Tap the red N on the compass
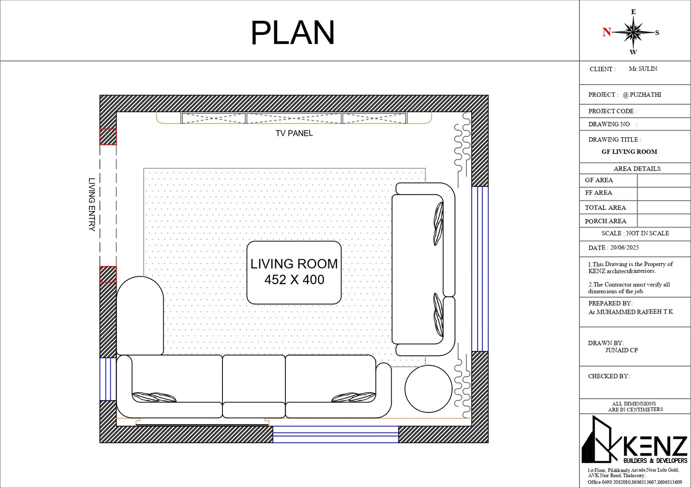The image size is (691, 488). (x=607, y=32)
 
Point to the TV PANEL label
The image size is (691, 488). (x=294, y=133)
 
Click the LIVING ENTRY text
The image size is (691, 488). (x=92, y=204)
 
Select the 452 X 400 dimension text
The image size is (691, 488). (x=294, y=279)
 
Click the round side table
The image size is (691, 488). (x=428, y=389)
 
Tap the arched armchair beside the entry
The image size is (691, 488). (x=140, y=316)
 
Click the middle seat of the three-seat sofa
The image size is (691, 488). (x=254, y=386)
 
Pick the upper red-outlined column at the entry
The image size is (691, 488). (x=108, y=136)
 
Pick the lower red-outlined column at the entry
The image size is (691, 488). (x=108, y=274)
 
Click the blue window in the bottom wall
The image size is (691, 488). (x=336, y=434)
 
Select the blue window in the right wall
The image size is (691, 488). (x=480, y=269)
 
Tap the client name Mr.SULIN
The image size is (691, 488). (x=643, y=69)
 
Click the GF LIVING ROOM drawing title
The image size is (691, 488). (x=629, y=152)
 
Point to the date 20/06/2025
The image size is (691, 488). (x=624, y=247)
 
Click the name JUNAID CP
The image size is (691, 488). (x=621, y=350)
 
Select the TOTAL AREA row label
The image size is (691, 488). (x=605, y=208)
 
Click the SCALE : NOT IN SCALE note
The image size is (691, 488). (x=635, y=233)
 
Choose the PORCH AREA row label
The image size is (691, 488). (x=605, y=221)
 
